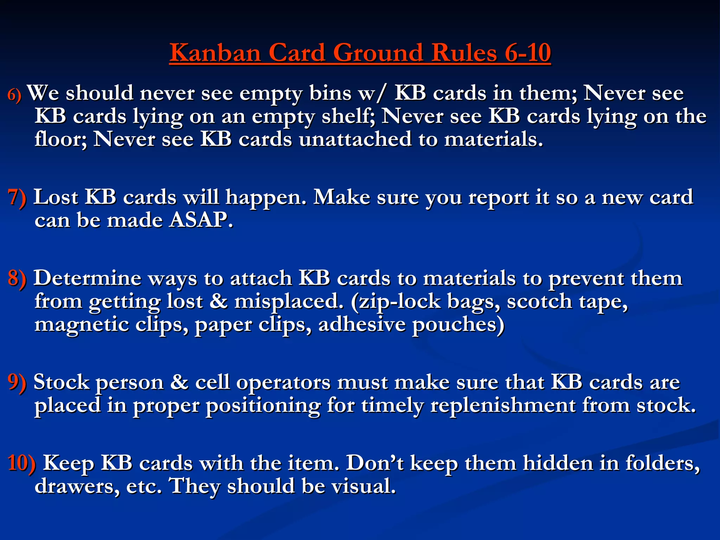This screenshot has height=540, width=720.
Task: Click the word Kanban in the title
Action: [215, 53]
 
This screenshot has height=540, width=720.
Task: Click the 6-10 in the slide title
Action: [527, 53]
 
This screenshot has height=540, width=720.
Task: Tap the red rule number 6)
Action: [14, 95]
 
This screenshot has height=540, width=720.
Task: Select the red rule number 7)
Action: [17, 197]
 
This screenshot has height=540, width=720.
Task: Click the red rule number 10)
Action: [21, 463]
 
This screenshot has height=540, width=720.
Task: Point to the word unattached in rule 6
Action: [355, 139]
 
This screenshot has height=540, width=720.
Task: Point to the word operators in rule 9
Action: [283, 383]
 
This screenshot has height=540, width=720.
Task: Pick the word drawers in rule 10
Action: [77, 487]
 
